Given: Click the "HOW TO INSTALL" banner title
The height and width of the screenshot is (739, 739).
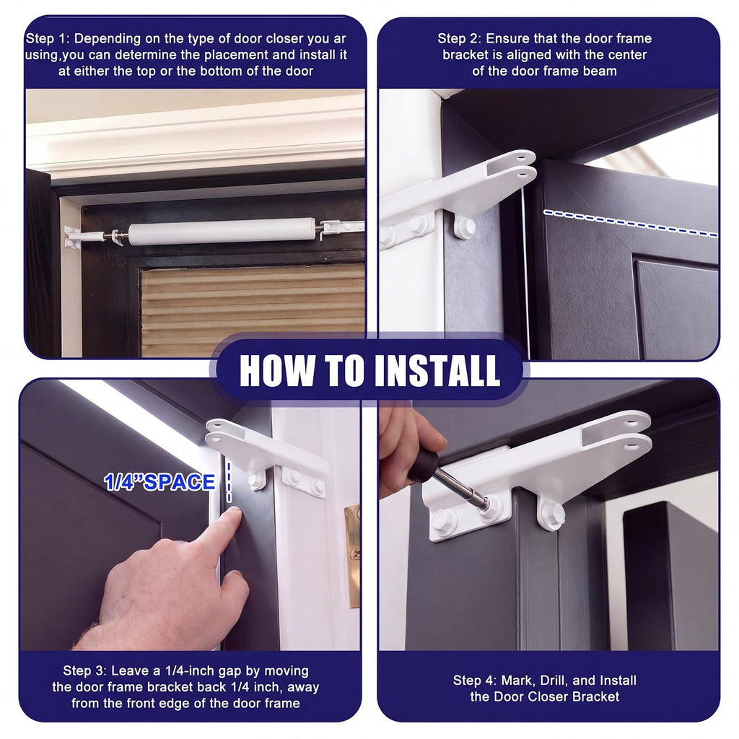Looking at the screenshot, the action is click(x=369, y=370).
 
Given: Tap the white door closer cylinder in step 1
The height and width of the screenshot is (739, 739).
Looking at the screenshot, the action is click(x=222, y=231).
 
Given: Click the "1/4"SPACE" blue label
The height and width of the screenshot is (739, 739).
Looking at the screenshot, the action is click(x=159, y=482).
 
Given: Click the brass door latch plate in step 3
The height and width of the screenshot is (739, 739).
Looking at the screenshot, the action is click(x=353, y=556).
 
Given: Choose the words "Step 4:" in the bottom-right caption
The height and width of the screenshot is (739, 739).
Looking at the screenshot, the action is click(x=475, y=681).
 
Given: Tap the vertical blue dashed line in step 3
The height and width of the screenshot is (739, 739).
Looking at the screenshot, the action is click(x=229, y=481).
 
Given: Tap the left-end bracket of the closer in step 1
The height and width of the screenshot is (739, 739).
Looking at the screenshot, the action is click(x=73, y=237).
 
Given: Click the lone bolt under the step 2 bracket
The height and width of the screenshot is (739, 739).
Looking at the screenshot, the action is click(x=465, y=227).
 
